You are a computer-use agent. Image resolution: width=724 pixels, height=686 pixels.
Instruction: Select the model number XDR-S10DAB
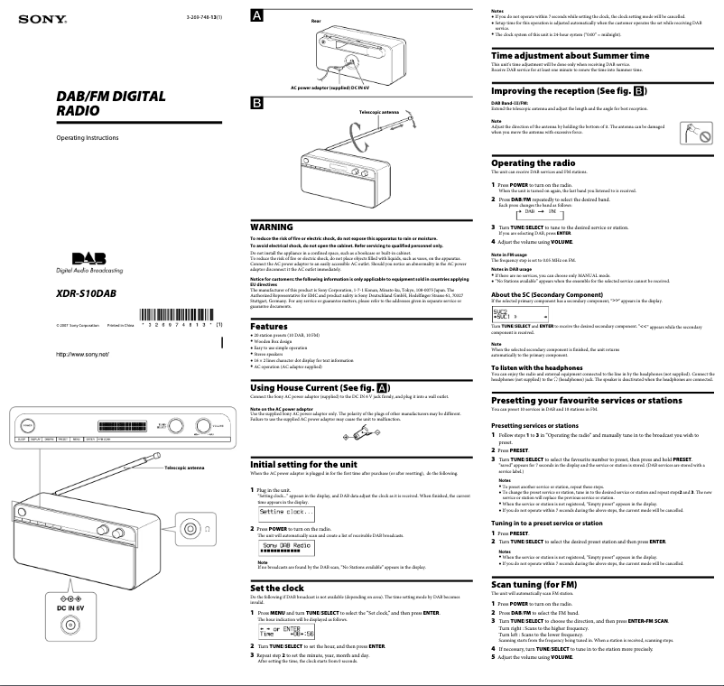coord(87,293)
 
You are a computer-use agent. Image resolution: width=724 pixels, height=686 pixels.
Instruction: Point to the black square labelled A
coord(257,15)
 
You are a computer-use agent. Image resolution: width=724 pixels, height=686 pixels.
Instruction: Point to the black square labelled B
coord(257,103)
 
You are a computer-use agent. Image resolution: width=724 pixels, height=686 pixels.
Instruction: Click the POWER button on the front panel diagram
coord(28,423)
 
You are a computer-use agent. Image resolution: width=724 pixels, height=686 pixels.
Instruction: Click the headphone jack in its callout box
coord(190,528)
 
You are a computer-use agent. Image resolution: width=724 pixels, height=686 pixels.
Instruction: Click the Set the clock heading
coord(282,587)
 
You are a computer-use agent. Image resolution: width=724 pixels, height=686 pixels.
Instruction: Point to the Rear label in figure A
coord(316,19)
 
